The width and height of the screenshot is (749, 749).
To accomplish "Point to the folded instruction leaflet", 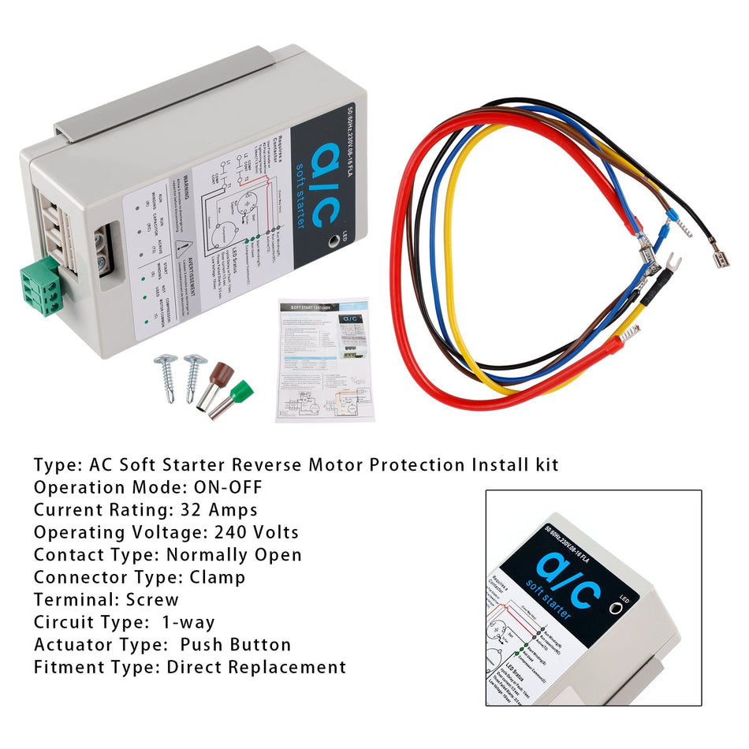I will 322,359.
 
